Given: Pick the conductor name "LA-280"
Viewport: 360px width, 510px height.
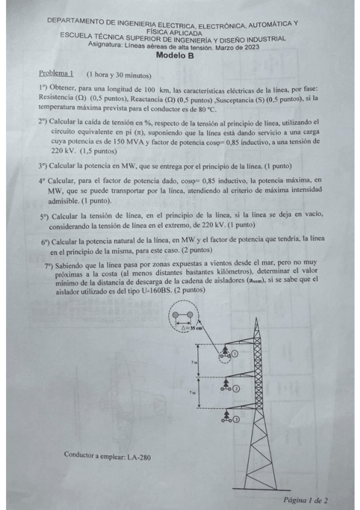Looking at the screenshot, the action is [139, 456].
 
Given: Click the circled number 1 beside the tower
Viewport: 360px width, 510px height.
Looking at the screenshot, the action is [236, 354].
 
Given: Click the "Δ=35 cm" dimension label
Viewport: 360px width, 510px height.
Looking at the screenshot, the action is [191, 328].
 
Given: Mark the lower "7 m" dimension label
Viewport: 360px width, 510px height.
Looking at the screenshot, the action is [192, 392].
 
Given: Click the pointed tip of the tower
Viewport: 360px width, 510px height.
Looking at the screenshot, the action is [257, 317].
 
